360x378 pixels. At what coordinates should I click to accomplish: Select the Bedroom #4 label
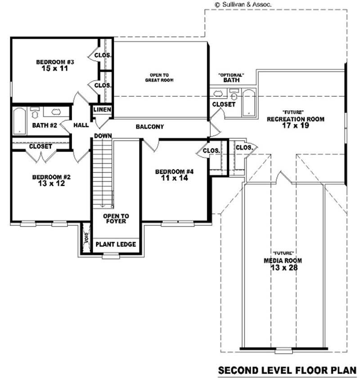tap(174, 171)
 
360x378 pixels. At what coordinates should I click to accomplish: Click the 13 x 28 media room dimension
tap(283, 268)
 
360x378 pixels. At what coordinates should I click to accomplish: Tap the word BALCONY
tap(149, 127)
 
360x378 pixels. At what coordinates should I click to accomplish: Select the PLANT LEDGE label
tap(116, 244)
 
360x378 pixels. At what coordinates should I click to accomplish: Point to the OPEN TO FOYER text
tap(116, 219)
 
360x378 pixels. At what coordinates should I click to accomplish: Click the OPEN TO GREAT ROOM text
tap(159, 77)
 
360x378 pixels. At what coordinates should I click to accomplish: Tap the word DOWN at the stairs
tap(103, 136)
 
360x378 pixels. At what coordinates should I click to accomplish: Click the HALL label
tap(81, 126)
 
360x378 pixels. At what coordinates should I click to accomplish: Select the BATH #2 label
tap(44, 125)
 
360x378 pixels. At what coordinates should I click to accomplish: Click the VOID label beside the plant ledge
tap(86, 241)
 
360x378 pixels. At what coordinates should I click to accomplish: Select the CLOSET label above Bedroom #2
tap(40, 147)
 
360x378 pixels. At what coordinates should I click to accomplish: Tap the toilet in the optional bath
tap(234, 95)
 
